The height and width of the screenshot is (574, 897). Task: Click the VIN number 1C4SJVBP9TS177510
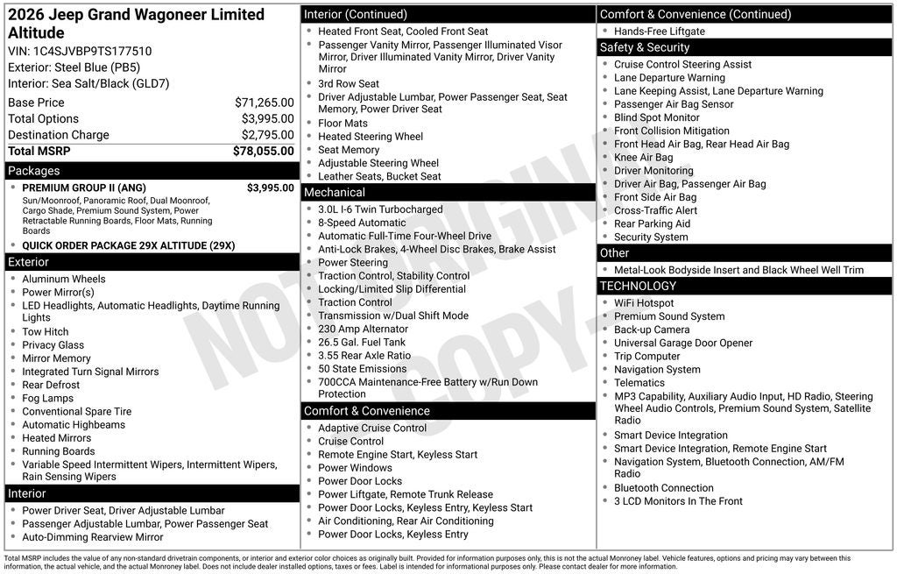click(x=92, y=51)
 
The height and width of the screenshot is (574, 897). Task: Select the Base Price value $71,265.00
click(x=264, y=103)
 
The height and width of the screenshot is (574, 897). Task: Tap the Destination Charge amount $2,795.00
click(x=267, y=135)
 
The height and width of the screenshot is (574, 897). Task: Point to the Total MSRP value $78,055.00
click(x=263, y=151)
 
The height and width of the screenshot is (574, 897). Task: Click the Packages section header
click(x=34, y=171)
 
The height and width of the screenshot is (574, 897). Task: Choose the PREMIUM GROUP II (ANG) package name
click(x=84, y=188)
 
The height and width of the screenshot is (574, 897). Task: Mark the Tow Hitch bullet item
click(x=46, y=332)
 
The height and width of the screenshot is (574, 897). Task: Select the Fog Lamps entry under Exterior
click(x=48, y=398)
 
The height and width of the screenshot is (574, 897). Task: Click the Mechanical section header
click(x=335, y=192)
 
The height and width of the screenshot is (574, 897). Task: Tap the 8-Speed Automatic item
click(x=362, y=223)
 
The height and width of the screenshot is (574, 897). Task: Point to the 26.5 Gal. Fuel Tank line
click(x=362, y=342)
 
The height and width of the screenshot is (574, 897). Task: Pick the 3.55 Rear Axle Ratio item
click(x=364, y=355)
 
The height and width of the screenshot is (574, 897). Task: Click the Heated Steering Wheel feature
click(x=371, y=137)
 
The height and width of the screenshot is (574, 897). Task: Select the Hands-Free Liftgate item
click(x=660, y=32)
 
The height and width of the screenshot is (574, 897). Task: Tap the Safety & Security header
click(x=644, y=47)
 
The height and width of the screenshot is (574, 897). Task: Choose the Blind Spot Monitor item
click(x=657, y=117)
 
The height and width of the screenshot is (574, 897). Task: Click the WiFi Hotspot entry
click(x=644, y=303)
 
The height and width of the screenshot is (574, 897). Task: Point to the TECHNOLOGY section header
click(x=638, y=286)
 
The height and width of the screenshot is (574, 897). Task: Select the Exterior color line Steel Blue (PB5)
click(x=74, y=67)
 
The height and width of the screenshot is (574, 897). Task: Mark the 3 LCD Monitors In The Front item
click(x=678, y=501)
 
